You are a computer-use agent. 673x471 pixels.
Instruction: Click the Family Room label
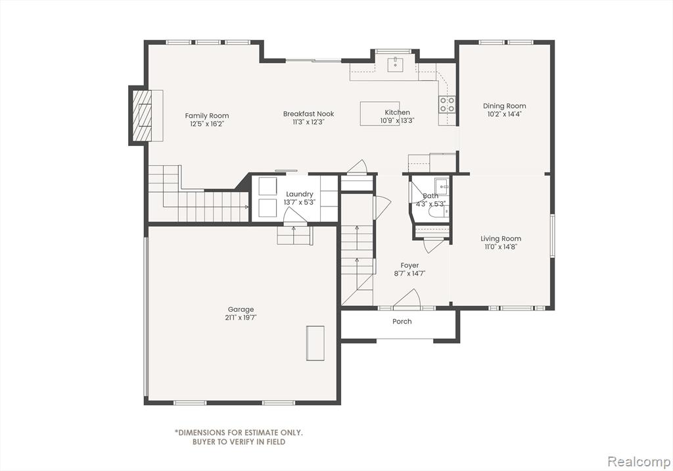pyautogui.click(x=207, y=116)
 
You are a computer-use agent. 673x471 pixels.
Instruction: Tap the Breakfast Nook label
pyautogui.click(x=308, y=114)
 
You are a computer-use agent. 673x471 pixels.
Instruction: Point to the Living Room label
pyautogui.click(x=501, y=239)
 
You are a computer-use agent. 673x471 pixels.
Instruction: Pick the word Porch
pyautogui.click(x=402, y=322)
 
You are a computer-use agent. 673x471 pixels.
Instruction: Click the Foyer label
pyautogui.click(x=409, y=266)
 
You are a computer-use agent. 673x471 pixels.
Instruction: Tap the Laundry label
pyautogui.click(x=300, y=194)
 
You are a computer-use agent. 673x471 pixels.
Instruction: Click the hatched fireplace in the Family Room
pyautogui.click(x=142, y=115)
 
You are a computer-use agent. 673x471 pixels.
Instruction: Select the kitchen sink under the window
pyautogui.click(x=395, y=65)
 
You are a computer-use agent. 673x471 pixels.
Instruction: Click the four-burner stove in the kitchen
pyautogui.click(x=447, y=105)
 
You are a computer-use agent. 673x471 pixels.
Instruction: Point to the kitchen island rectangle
pyautogui.click(x=379, y=113)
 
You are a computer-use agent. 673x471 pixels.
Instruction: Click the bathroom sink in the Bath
pyautogui.click(x=442, y=187)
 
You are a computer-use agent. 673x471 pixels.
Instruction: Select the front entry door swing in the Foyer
pyautogui.click(x=406, y=299)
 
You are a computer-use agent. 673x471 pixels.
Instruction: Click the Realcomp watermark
pyautogui.click(x=639, y=462)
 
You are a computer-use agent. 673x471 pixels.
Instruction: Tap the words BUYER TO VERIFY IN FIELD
pyautogui.click(x=239, y=442)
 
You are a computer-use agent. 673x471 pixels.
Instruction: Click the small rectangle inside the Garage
pyautogui.click(x=315, y=343)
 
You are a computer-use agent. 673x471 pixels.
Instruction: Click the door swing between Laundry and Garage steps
pyautogui.click(x=295, y=215)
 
